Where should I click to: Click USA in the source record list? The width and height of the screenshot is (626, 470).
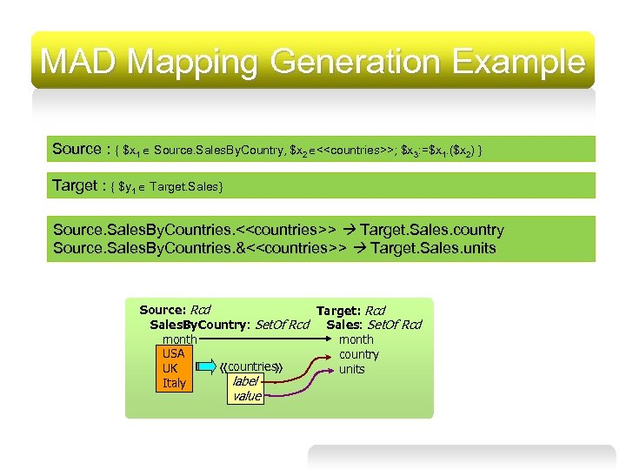click(x=174, y=353)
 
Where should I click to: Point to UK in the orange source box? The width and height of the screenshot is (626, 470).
click(x=170, y=368)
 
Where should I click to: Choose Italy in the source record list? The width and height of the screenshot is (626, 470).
click(x=174, y=383)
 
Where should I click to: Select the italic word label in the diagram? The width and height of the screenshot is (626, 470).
click(x=246, y=381)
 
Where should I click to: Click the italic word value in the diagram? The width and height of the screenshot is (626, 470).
click(x=247, y=396)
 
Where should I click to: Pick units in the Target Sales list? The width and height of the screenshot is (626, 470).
click(x=352, y=369)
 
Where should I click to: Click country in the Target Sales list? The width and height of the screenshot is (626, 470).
click(x=359, y=354)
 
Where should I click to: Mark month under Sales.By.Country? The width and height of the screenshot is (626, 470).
click(x=179, y=339)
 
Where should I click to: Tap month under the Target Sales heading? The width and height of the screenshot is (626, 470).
click(x=356, y=339)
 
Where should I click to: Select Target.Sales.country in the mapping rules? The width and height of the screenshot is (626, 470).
click(x=432, y=230)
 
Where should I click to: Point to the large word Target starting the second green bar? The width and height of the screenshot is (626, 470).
click(x=75, y=185)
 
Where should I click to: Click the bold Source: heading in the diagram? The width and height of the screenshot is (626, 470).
click(x=163, y=310)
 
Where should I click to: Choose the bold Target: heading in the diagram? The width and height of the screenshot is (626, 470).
click(x=339, y=311)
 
